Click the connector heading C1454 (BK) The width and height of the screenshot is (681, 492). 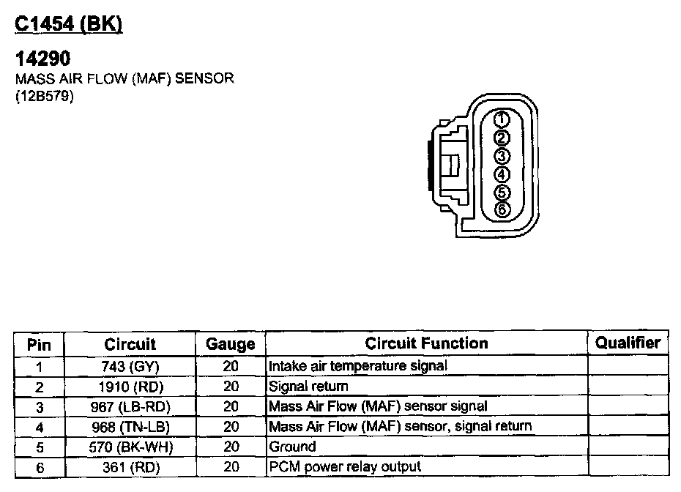69,23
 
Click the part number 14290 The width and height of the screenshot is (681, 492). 42,58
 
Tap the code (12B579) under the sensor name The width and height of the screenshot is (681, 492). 45,96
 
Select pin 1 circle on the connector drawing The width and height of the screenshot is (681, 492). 502,119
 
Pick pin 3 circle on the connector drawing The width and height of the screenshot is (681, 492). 502,156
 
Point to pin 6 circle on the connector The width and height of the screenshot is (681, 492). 502,209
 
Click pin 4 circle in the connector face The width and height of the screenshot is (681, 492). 502,174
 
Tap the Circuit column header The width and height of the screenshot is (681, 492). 130,344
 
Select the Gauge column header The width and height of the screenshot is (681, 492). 230,344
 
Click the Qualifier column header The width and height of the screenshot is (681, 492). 628,343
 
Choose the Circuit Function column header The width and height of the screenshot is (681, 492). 426,343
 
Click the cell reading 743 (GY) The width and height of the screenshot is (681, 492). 130,367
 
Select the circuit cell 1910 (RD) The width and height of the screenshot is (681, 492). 131,387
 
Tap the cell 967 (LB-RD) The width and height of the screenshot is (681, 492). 130,407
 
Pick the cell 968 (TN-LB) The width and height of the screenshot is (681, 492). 130,427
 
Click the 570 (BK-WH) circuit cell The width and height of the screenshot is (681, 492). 131,447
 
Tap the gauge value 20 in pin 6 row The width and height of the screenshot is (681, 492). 231,467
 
